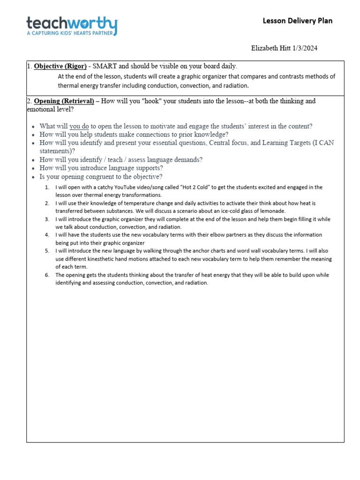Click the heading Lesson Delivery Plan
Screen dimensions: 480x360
coord(297,21)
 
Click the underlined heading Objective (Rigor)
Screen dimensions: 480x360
coord(60,66)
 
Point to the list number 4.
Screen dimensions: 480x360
coord(47,235)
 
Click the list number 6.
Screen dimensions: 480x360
coord(47,275)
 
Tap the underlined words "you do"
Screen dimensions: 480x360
coord(79,126)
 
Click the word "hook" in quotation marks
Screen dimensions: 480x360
coord(144,101)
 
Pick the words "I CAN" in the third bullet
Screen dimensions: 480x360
coord(323,142)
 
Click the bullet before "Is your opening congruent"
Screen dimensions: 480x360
coord(33,177)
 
